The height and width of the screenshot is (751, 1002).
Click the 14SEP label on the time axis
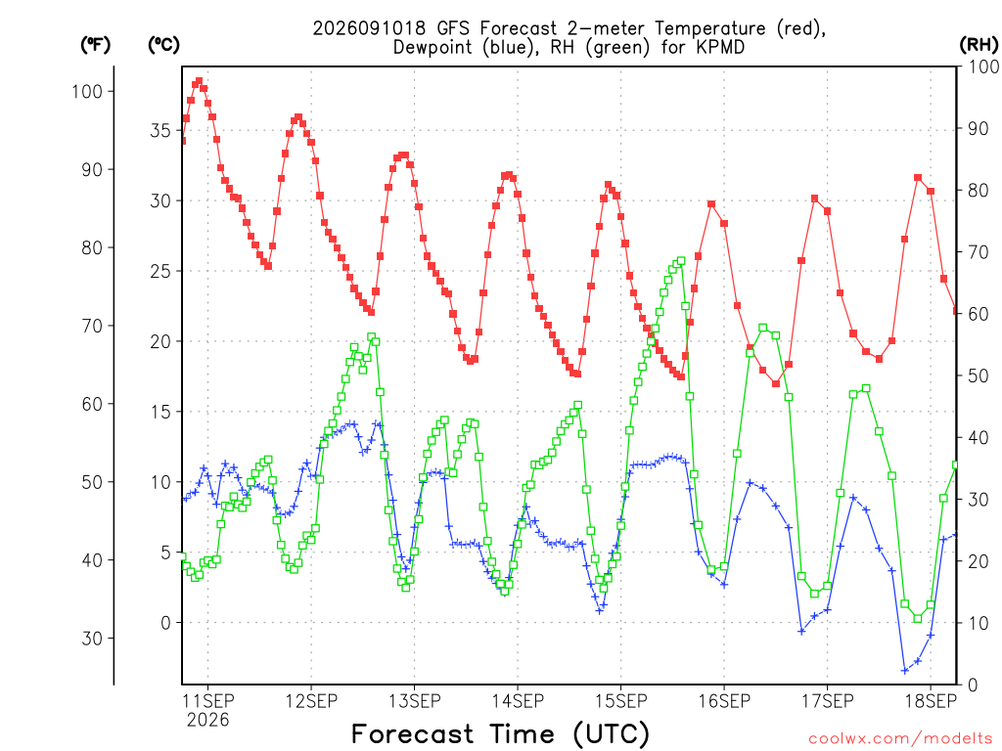click(x=518, y=701)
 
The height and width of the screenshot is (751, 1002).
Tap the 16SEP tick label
click(x=724, y=701)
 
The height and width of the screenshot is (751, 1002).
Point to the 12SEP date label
click(x=311, y=701)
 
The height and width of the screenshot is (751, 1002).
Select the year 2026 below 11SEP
click(x=207, y=721)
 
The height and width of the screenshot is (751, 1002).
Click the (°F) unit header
click(x=95, y=45)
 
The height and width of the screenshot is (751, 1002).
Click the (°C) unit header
click(x=163, y=45)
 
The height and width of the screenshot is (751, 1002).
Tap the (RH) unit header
click(x=979, y=45)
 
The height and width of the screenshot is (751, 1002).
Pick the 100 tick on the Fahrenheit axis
click(x=87, y=91)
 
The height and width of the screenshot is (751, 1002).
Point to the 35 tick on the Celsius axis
click(x=160, y=130)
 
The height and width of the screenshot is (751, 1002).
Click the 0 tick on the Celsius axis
click(x=166, y=623)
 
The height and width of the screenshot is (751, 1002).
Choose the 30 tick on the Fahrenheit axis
click(x=92, y=638)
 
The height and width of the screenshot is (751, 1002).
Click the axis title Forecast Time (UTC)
click(x=500, y=733)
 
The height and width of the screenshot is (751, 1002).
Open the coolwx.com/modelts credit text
click(x=900, y=739)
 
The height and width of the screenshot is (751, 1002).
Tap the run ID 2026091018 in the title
click(x=369, y=28)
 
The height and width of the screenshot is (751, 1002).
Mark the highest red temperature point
click(x=199, y=81)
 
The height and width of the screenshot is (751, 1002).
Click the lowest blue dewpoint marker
click(x=904, y=671)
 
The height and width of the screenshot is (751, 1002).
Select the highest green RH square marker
click(x=681, y=260)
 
